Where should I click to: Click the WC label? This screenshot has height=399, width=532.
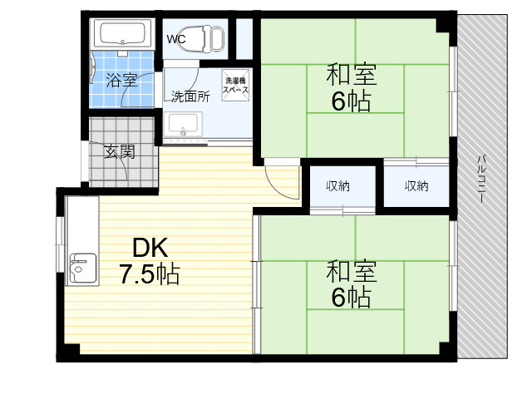pyautogui.click(x=176, y=39)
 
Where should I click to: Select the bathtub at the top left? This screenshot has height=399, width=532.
pyautogui.click(x=122, y=33)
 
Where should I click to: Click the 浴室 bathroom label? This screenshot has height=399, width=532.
pyautogui.click(x=121, y=80)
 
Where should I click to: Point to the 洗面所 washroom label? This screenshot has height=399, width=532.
pyautogui.click(x=190, y=96)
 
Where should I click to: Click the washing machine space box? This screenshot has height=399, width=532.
pyautogui.click(x=235, y=85)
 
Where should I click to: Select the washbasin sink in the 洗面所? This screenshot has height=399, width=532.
pyautogui.click(x=183, y=125)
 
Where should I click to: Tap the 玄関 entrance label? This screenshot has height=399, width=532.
pyautogui.click(x=120, y=151)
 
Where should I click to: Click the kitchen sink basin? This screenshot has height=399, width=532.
pyautogui.click(x=83, y=268)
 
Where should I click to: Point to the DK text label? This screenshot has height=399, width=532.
pyautogui.click(x=150, y=248)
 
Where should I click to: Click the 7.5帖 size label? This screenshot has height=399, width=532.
pyautogui.click(x=150, y=274)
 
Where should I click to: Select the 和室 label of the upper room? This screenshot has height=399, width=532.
pyautogui.click(x=352, y=76)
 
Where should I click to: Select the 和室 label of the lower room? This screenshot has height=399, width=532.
pyautogui.click(x=352, y=272)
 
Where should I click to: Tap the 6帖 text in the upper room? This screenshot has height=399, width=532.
pyautogui.click(x=351, y=101)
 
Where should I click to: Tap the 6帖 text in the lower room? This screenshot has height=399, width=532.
pyautogui.click(x=351, y=298)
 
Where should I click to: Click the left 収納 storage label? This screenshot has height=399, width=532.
pyautogui.click(x=337, y=186)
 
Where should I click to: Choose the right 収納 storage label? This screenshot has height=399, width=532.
pyautogui.click(x=416, y=186)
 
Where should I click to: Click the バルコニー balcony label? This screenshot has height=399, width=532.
pyautogui.click(x=482, y=179)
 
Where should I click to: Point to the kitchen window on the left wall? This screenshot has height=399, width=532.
pyautogui.click(x=60, y=244)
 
